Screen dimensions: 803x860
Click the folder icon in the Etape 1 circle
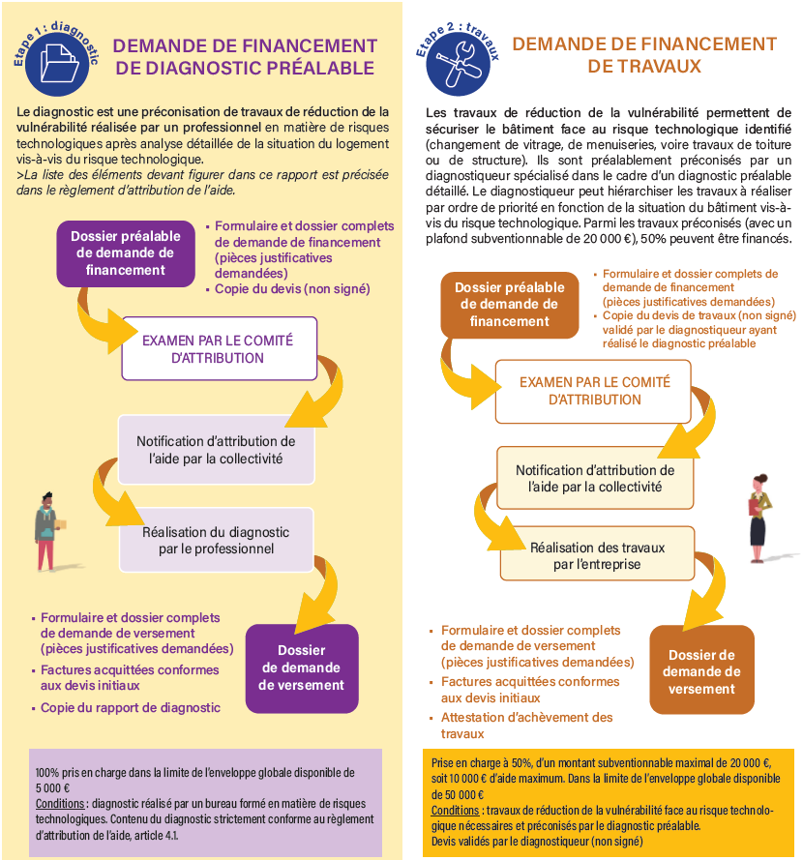click(x=59, y=64)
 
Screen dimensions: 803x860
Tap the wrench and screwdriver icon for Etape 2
click(x=459, y=65)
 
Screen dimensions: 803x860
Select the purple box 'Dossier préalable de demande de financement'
click(x=126, y=253)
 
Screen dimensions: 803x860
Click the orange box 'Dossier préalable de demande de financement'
click(x=510, y=305)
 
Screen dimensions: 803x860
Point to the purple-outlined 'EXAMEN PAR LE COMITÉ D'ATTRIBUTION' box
click(x=219, y=349)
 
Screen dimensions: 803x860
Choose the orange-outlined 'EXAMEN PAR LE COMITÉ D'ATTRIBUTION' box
click(x=593, y=391)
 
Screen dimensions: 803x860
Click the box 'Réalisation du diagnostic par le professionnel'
click(x=216, y=540)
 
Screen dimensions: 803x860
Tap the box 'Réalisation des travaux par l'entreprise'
click(x=597, y=554)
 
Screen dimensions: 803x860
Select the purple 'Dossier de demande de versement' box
click(x=302, y=668)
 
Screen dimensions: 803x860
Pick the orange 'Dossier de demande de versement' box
click(x=701, y=670)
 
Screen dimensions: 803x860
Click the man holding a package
click(x=48, y=531)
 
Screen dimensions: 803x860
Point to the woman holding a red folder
click(x=759, y=518)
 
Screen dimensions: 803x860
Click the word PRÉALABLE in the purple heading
click(x=309, y=68)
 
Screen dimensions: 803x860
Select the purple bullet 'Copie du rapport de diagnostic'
click(x=130, y=707)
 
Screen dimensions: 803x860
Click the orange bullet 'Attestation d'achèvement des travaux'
click(x=526, y=726)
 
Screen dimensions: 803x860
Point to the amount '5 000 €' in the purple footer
click(x=52, y=788)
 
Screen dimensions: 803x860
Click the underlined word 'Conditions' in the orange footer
click(x=455, y=810)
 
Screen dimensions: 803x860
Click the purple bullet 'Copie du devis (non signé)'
click(x=292, y=289)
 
